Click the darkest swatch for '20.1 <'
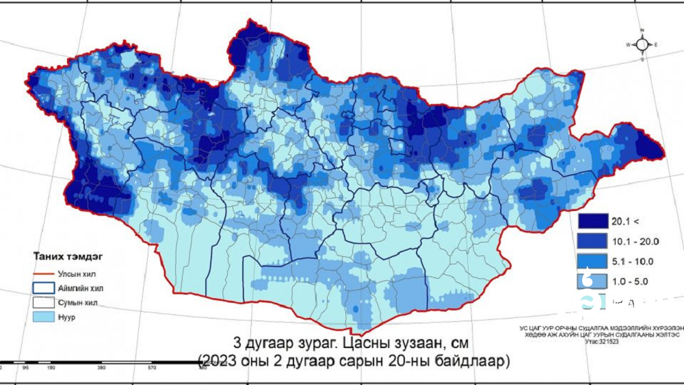(x=592, y=221)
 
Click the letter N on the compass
(x=642, y=31)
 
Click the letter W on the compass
(x=627, y=45)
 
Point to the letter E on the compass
(x=657, y=45)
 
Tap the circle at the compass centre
(x=642, y=45)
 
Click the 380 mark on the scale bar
(x=101, y=368)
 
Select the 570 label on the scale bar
(x=152, y=368)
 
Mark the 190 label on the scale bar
(x=51, y=368)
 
